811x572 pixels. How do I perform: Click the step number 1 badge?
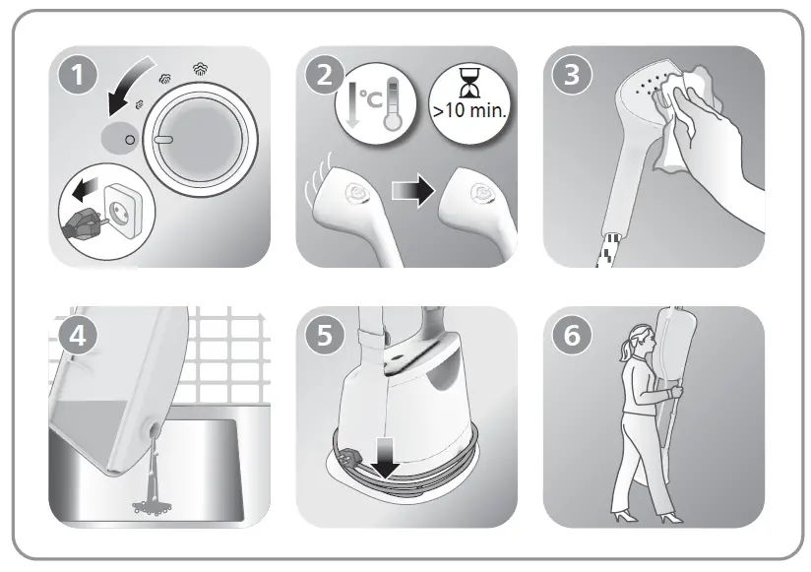pos(78,75)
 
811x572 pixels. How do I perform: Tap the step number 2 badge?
pos(325,75)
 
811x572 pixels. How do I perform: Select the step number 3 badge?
pos(572,75)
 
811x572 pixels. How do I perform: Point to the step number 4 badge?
pos(78,336)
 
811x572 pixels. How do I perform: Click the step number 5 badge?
pos(325,336)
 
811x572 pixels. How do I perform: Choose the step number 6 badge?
pos(572,336)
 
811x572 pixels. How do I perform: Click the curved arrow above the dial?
pos(129,86)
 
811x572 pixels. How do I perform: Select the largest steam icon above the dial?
pos(201,69)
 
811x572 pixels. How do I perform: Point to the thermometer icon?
pos(393,103)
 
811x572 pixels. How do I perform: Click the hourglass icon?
pos(469,83)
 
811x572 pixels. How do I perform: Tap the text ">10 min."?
pos(469,110)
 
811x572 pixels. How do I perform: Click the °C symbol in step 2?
pos(371,99)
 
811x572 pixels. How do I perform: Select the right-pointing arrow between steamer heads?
pos(412,191)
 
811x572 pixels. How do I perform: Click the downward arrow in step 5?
pos(386,458)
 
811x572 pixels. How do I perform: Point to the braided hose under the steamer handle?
pos(609,250)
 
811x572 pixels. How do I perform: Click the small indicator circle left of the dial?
pos(130,140)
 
